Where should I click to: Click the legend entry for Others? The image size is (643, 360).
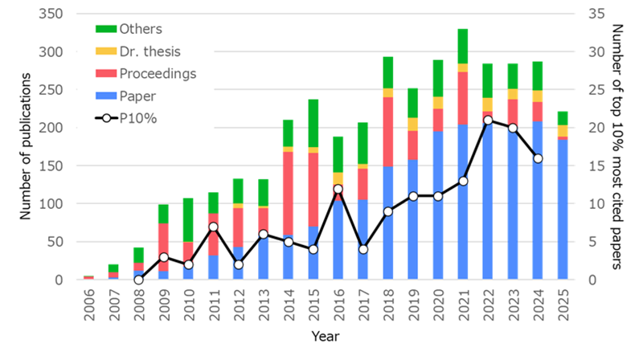tap(140, 29)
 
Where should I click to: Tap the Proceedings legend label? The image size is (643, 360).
tap(157, 74)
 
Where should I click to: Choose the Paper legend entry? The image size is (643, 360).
tap(137, 96)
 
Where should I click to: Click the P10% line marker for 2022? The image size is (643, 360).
tap(487, 120)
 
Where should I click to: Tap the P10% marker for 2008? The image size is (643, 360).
tap(138, 280)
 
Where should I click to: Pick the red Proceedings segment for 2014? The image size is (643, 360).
tap(286, 193)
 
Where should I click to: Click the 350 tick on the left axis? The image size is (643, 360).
tap(54, 14)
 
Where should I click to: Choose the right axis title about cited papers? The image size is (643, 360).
tap(616, 146)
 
